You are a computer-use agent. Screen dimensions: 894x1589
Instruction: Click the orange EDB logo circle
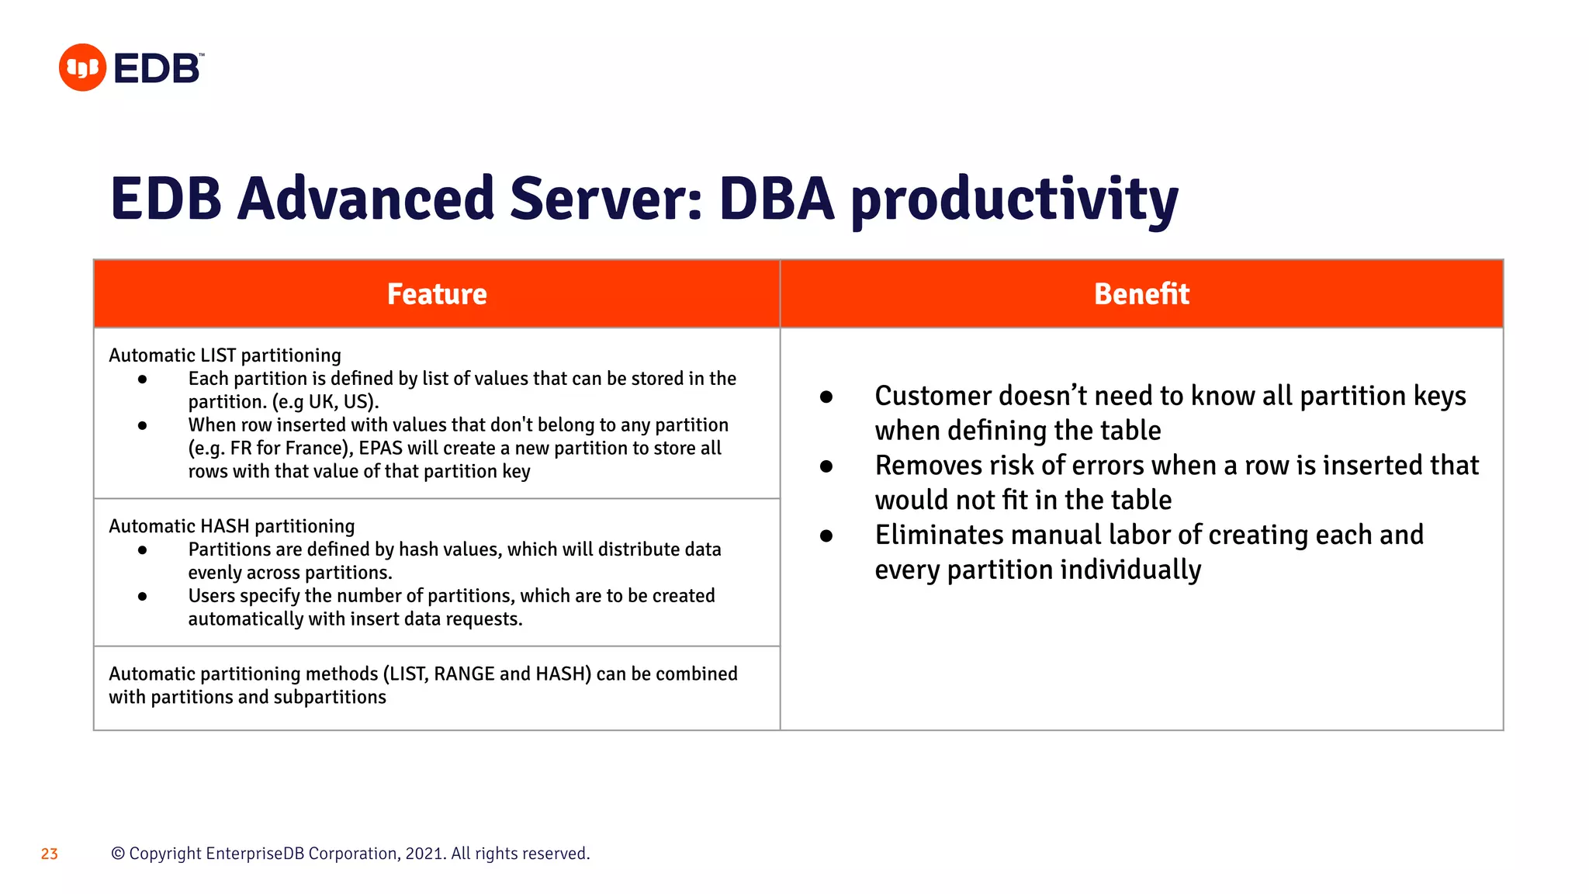tap(82, 68)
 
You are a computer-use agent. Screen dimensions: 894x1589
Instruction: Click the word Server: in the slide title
tap(605, 199)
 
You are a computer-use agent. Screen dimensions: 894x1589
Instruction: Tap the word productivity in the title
tap(1014, 200)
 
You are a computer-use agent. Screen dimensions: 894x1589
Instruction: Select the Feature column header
tap(437, 294)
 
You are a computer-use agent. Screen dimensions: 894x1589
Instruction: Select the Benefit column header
tap(1141, 294)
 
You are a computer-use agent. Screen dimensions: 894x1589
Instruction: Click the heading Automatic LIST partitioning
tap(225, 355)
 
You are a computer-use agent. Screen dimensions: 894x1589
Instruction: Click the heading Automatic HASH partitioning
tap(231, 526)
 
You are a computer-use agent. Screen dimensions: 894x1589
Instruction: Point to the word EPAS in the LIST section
tap(380, 449)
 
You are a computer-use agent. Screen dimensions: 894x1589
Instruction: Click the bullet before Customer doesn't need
tap(826, 397)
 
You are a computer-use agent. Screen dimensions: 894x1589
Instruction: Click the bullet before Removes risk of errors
tap(826, 466)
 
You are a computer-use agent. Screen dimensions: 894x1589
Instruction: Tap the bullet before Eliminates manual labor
tap(826, 536)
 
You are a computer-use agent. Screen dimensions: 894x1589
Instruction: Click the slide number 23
tap(50, 854)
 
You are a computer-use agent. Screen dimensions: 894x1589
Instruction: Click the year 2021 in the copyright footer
tap(424, 854)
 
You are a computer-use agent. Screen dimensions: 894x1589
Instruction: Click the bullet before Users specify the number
tap(142, 597)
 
